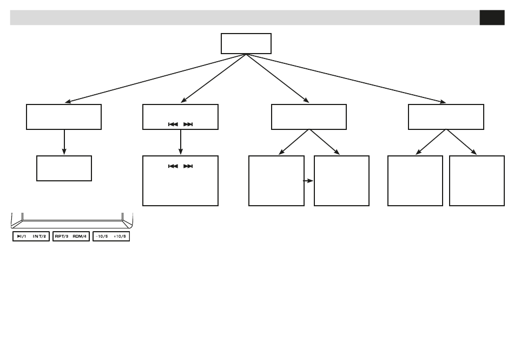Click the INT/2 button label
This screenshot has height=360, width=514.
point(40,237)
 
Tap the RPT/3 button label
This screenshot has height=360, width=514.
point(61,237)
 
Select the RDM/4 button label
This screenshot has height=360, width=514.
point(80,237)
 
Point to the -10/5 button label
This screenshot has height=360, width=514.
point(102,237)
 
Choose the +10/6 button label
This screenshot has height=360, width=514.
point(121,237)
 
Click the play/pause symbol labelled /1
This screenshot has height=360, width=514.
point(22,237)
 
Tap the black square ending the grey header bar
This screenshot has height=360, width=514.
point(492,17)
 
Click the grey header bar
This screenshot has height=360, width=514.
point(243,17)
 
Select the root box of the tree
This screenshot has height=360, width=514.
point(246,43)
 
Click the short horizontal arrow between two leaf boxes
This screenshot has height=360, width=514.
point(309,181)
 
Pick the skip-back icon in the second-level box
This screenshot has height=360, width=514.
point(173,124)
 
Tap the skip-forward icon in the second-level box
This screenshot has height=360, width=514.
point(188,124)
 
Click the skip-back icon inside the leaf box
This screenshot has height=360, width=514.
point(173,166)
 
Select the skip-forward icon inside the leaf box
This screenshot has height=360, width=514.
point(188,166)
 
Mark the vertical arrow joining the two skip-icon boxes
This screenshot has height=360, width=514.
point(180,142)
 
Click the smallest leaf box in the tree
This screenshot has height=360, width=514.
point(64,168)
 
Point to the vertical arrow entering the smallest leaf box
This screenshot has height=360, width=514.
point(64,142)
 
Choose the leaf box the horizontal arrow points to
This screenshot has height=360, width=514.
point(341,181)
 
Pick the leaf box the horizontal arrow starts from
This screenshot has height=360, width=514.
point(276,181)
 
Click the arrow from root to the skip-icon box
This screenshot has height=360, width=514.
point(214,78)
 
